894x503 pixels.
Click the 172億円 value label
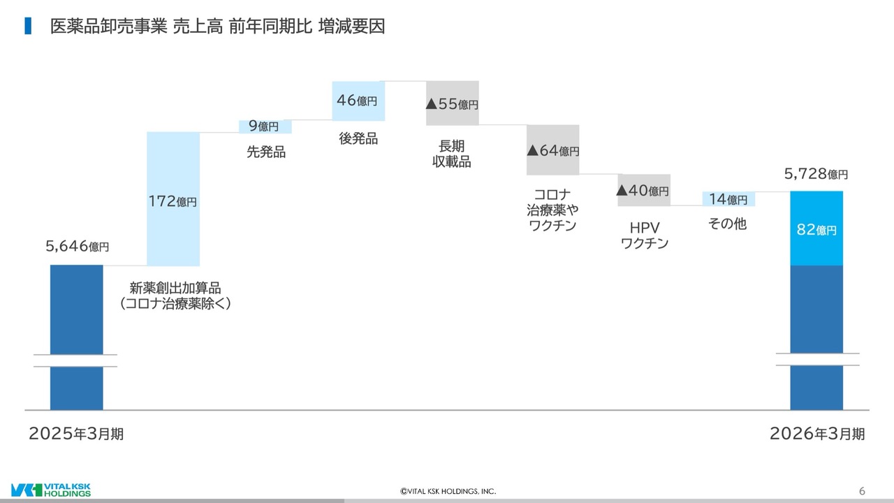coord(173,201)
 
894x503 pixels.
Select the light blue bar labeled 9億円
coord(265,126)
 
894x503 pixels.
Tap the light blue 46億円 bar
coord(358,101)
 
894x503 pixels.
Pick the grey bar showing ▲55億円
coord(452,103)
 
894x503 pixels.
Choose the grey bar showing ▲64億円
coord(552,150)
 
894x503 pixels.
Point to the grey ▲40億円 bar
coord(644,190)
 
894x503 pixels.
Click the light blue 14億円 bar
coord(728,199)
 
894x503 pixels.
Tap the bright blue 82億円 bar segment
coord(816,228)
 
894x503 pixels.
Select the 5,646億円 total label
coord(77,247)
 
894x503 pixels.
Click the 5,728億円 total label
coord(816,174)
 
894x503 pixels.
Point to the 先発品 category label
coord(266,152)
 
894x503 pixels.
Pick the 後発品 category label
coord(358,138)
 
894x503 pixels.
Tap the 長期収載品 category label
coord(452,154)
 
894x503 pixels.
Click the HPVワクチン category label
coord(645,235)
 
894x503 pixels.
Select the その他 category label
coord(727,224)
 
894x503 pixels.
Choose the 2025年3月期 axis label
coord(76,434)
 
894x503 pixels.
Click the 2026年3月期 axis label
coord(817,434)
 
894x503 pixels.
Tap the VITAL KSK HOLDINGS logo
coord(51,490)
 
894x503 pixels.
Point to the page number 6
coord(862,490)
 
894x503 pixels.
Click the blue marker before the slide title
coord(28,26)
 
